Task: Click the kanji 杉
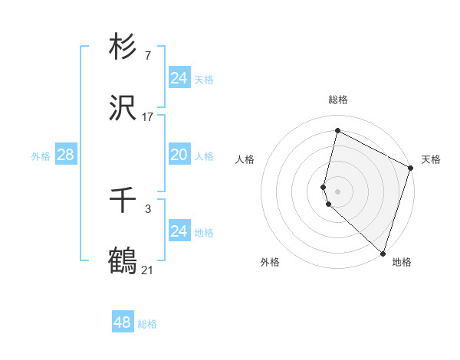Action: [x=123, y=47]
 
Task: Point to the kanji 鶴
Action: [x=123, y=261]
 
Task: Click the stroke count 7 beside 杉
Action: [x=147, y=56]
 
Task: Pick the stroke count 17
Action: [x=147, y=118]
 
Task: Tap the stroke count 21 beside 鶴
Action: [x=147, y=270]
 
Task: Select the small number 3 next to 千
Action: [x=147, y=208]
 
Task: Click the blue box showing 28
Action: [x=65, y=155]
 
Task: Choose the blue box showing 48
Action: [x=123, y=322]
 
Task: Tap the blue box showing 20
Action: [x=179, y=155]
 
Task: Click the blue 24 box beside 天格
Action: [x=179, y=78]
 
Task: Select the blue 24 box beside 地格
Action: [x=179, y=231]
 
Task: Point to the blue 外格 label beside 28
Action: [x=41, y=156]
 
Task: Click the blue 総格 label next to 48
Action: [x=147, y=324]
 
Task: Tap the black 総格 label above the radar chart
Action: [x=337, y=100]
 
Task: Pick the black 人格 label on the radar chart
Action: [x=245, y=159]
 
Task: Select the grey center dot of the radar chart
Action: [x=337, y=191]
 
